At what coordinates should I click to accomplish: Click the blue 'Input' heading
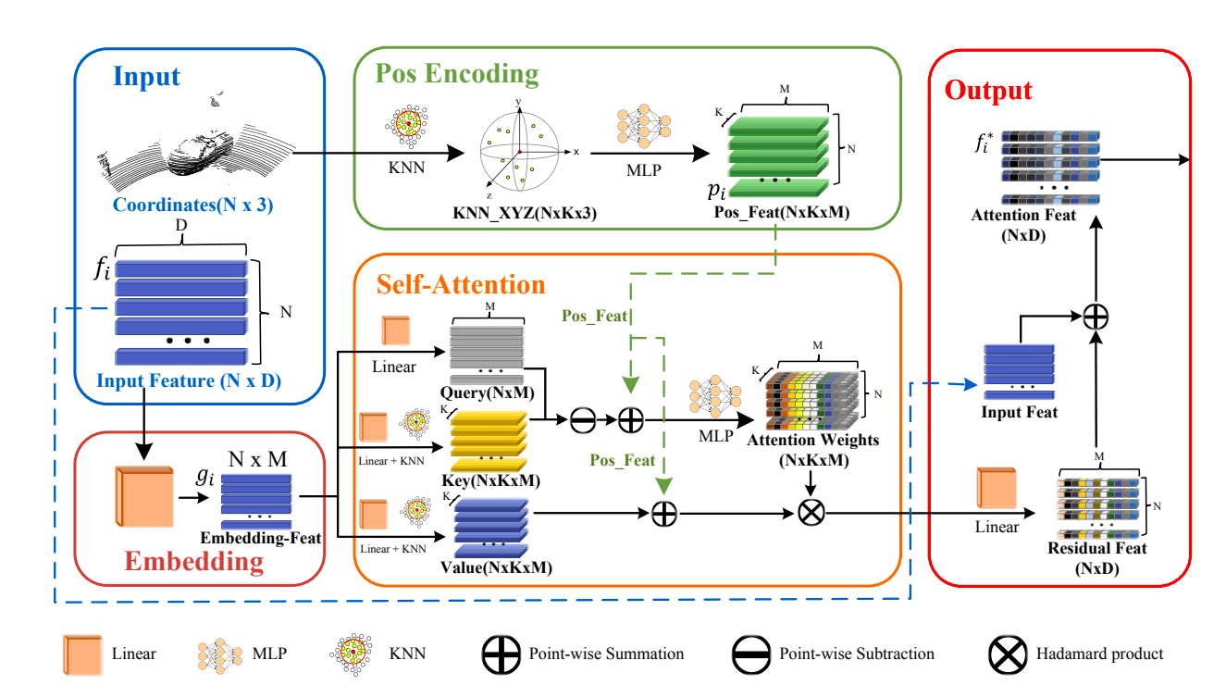point(148,76)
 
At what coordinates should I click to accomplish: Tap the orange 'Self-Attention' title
point(460,283)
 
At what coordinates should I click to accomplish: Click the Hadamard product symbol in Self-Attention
point(811,511)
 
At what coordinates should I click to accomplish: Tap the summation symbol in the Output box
point(1096,316)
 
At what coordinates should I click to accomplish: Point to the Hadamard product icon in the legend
point(1008,654)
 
